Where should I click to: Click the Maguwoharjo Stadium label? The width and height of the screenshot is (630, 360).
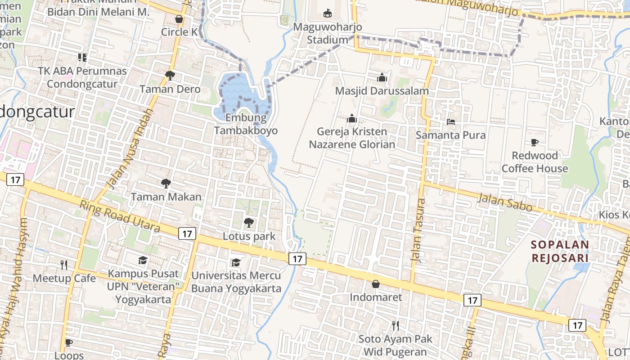[327, 33]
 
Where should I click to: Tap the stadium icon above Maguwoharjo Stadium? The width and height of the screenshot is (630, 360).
[327, 13]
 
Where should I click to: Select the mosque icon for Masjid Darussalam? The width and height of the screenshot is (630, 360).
[382, 77]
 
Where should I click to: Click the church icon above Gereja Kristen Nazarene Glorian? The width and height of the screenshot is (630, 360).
[351, 118]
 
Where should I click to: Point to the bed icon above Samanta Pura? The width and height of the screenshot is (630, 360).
[450, 121]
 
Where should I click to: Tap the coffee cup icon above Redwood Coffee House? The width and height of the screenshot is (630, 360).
[534, 142]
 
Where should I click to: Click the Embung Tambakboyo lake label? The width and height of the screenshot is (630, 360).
[246, 124]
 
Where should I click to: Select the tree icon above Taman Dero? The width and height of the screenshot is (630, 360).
[170, 75]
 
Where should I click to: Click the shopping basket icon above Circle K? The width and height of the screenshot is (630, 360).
[179, 19]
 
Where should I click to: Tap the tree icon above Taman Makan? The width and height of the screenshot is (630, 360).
[166, 183]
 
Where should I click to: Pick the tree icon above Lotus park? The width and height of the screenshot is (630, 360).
[248, 222]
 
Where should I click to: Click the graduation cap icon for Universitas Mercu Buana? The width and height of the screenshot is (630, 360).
[236, 262]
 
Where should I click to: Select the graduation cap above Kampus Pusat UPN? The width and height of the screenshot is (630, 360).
[143, 260]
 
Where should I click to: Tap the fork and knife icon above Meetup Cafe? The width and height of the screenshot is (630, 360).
[64, 265]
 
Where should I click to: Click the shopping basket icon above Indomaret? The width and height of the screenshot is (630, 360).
[375, 284]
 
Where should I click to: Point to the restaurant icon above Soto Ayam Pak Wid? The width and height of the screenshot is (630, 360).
[395, 325]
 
